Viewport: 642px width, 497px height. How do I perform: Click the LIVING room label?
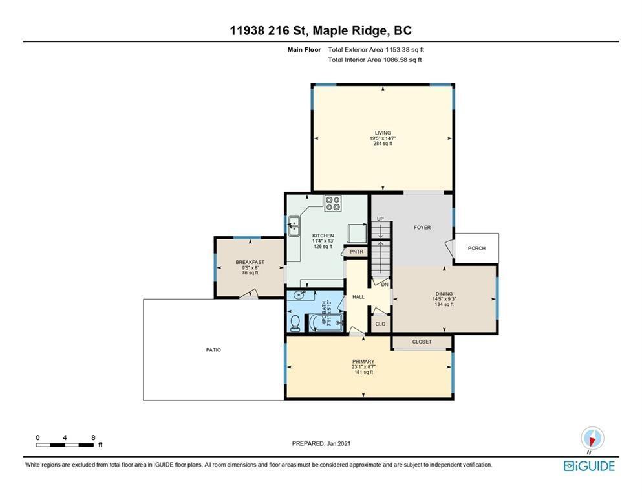pyautogui.click(x=383, y=133)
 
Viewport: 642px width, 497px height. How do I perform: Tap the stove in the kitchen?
pyautogui.click(x=333, y=204)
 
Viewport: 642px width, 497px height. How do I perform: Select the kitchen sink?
pyautogui.click(x=294, y=226)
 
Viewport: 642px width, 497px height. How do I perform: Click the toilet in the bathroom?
pyautogui.click(x=295, y=323)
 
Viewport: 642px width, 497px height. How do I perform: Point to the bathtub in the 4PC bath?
pyautogui.click(x=326, y=322)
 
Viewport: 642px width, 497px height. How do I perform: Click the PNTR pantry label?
pyautogui.click(x=357, y=252)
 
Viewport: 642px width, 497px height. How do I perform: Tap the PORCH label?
pyautogui.click(x=476, y=248)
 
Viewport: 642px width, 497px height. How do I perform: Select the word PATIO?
pyautogui.click(x=213, y=350)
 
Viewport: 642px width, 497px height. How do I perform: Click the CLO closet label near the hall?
pyautogui.click(x=380, y=324)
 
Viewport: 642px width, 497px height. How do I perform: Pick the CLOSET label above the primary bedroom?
pyautogui.click(x=422, y=341)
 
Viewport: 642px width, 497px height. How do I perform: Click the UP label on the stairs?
pyautogui.click(x=380, y=219)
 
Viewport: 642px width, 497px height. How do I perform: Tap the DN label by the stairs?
pyautogui.click(x=385, y=284)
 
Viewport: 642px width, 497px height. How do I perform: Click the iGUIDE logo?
pyautogui.click(x=589, y=467)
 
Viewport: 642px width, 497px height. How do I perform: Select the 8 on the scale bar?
pyautogui.click(x=93, y=437)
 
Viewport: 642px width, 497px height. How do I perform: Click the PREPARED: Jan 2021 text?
pyautogui.click(x=321, y=443)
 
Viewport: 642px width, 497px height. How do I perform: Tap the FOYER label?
pyautogui.click(x=422, y=227)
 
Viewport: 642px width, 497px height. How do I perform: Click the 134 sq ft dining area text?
pyautogui.click(x=444, y=304)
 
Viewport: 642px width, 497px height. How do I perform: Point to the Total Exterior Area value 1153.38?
pyautogui.click(x=397, y=50)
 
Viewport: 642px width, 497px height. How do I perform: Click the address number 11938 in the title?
pyautogui.click(x=247, y=30)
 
